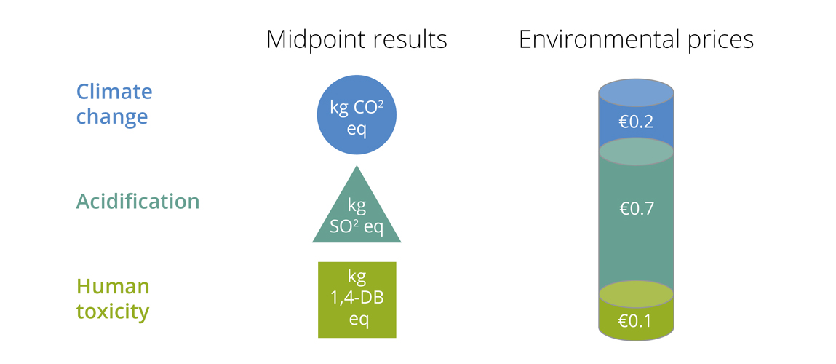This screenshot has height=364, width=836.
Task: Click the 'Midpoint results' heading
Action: pyautogui.click(x=357, y=39)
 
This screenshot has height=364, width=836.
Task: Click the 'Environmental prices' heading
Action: pyautogui.click(x=636, y=39)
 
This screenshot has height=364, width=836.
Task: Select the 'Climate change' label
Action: pyautogui.click(x=114, y=104)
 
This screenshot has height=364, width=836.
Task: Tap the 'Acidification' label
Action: pyautogui.click(x=138, y=201)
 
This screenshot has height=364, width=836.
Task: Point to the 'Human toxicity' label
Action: pyautogui.click(x=113, y=298)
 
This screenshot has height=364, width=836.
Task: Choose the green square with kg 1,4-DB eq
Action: pyautogui.click(x=357, y=299)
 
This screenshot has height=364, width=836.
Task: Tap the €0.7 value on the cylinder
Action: pyautogui.click(x=636, y=209)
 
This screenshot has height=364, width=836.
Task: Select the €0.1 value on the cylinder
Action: pyautogui.click(x=636, y=320)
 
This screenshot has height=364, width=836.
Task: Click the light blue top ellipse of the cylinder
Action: pyautogui.click(x=636, y=94)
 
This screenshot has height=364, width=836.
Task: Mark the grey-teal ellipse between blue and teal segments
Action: pyautogui.click(x=636, y=151)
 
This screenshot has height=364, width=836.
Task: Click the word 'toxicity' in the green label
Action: pyautogui.click(x=113, y=312)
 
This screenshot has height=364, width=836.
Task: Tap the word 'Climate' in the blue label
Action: pyautogui.click(x=114, y=92)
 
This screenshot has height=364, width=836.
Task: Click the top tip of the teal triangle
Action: pyautogui.click(x=357, y=167)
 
